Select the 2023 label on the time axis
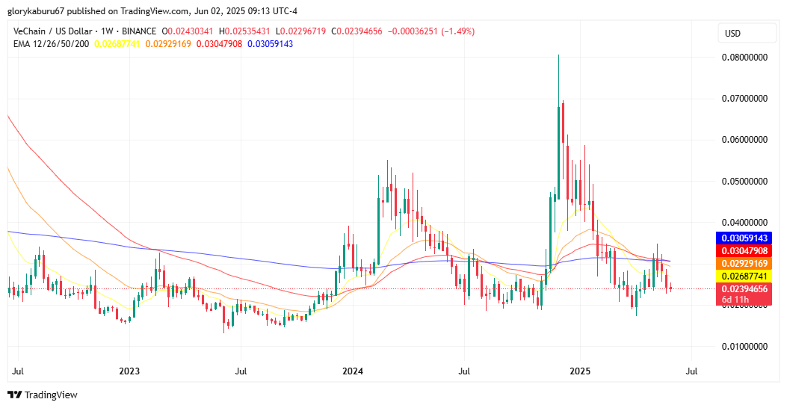(129, 371)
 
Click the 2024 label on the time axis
(353, 371)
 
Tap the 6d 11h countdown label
(737, 300)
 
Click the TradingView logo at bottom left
(43, 395)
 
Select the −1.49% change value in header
(458, 31)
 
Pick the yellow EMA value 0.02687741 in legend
(122, 44)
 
